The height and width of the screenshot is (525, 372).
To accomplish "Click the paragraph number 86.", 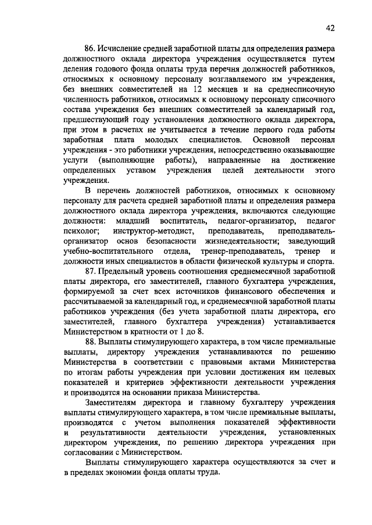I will point(91,48).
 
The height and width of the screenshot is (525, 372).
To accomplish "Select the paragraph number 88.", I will point(91,341).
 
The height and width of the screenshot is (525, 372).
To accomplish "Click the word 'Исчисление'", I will point(122,48).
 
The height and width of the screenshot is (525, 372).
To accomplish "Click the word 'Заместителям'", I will point(112,401).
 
